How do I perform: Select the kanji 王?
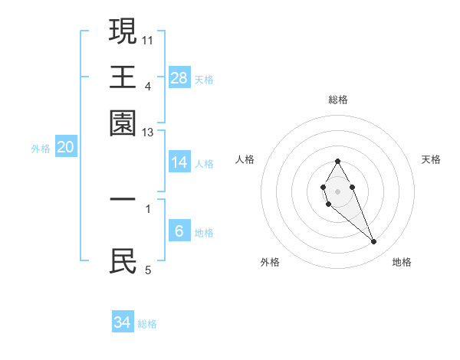click(123, 77)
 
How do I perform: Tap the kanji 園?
click(123, 123)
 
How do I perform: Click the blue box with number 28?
click(179, 77)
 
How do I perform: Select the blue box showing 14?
click(179, 162)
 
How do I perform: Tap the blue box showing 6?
click(179, 231)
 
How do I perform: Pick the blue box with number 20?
click(66, 148)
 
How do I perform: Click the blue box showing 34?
click(123, 322)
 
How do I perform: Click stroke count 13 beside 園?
click(147, 133)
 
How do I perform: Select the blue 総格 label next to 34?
click(147, 324)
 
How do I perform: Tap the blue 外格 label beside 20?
click(41, 149)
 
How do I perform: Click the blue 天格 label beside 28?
click(204, 79)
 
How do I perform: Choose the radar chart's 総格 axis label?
click(337, 100)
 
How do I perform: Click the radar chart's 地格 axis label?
click(402, 262)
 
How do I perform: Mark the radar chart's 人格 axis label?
click(245, 159)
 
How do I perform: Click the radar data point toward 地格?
click(374, 242)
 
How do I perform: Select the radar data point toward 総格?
click(337, 161)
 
